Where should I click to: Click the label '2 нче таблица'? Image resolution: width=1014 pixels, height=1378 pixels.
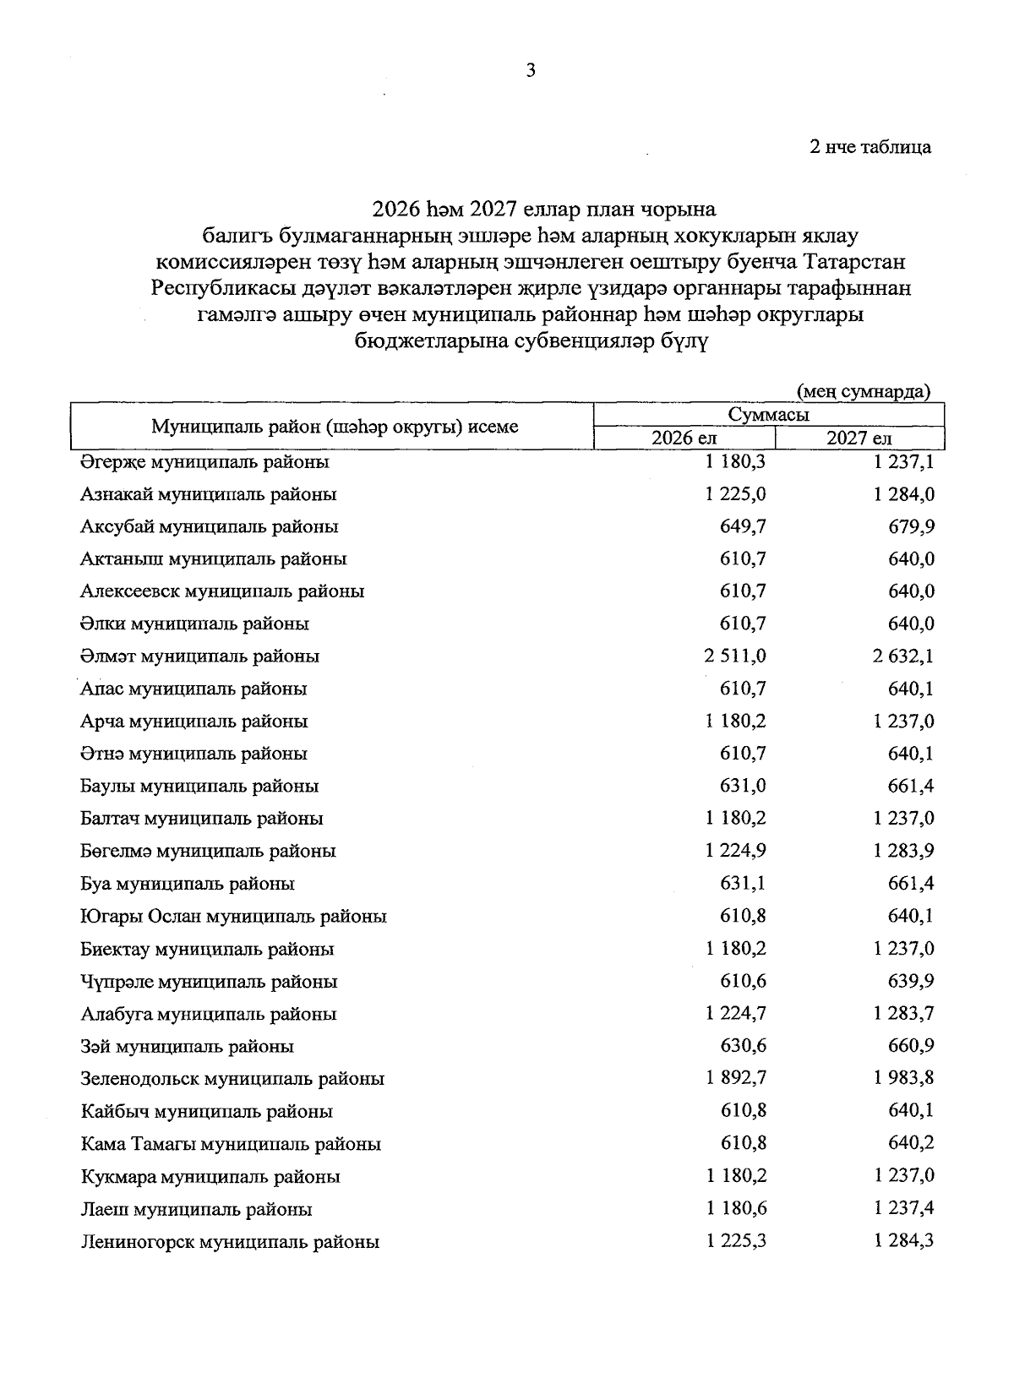tap(870, 147)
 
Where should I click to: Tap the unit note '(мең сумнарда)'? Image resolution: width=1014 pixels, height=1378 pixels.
tap(864, 390)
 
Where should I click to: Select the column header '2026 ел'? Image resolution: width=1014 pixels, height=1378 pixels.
tap(684, 438)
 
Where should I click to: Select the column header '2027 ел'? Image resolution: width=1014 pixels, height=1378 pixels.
tap(859, 438)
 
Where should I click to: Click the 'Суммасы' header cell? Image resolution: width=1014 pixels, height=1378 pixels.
tap(768, 415)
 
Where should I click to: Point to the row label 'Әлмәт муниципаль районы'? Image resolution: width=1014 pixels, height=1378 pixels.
tap(199, 656)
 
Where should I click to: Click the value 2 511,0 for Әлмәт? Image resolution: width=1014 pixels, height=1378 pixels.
tap(734, 656)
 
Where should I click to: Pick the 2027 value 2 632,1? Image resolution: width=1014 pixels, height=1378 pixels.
tap(903, 656)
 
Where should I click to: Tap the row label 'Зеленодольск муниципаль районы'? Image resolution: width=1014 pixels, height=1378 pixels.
tap(232, 1079)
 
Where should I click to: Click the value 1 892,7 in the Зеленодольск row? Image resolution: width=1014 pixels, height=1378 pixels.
tap(734, 1078)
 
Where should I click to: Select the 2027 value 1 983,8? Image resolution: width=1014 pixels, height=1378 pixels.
tap(903, 1078)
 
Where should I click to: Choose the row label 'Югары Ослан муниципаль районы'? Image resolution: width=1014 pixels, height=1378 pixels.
tap(233, 917)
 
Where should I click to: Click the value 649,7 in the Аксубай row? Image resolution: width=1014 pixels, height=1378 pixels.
tap(743, 526)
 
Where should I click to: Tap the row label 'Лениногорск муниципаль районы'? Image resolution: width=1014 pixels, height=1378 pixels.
tap(230, 1242)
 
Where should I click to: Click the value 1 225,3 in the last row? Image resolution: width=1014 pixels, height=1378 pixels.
tap(734, 1241)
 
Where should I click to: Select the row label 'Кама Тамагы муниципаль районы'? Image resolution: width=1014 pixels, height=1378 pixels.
tap(231, 1144)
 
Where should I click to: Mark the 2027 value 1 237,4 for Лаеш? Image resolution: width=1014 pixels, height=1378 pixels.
tap(903, 1208)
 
